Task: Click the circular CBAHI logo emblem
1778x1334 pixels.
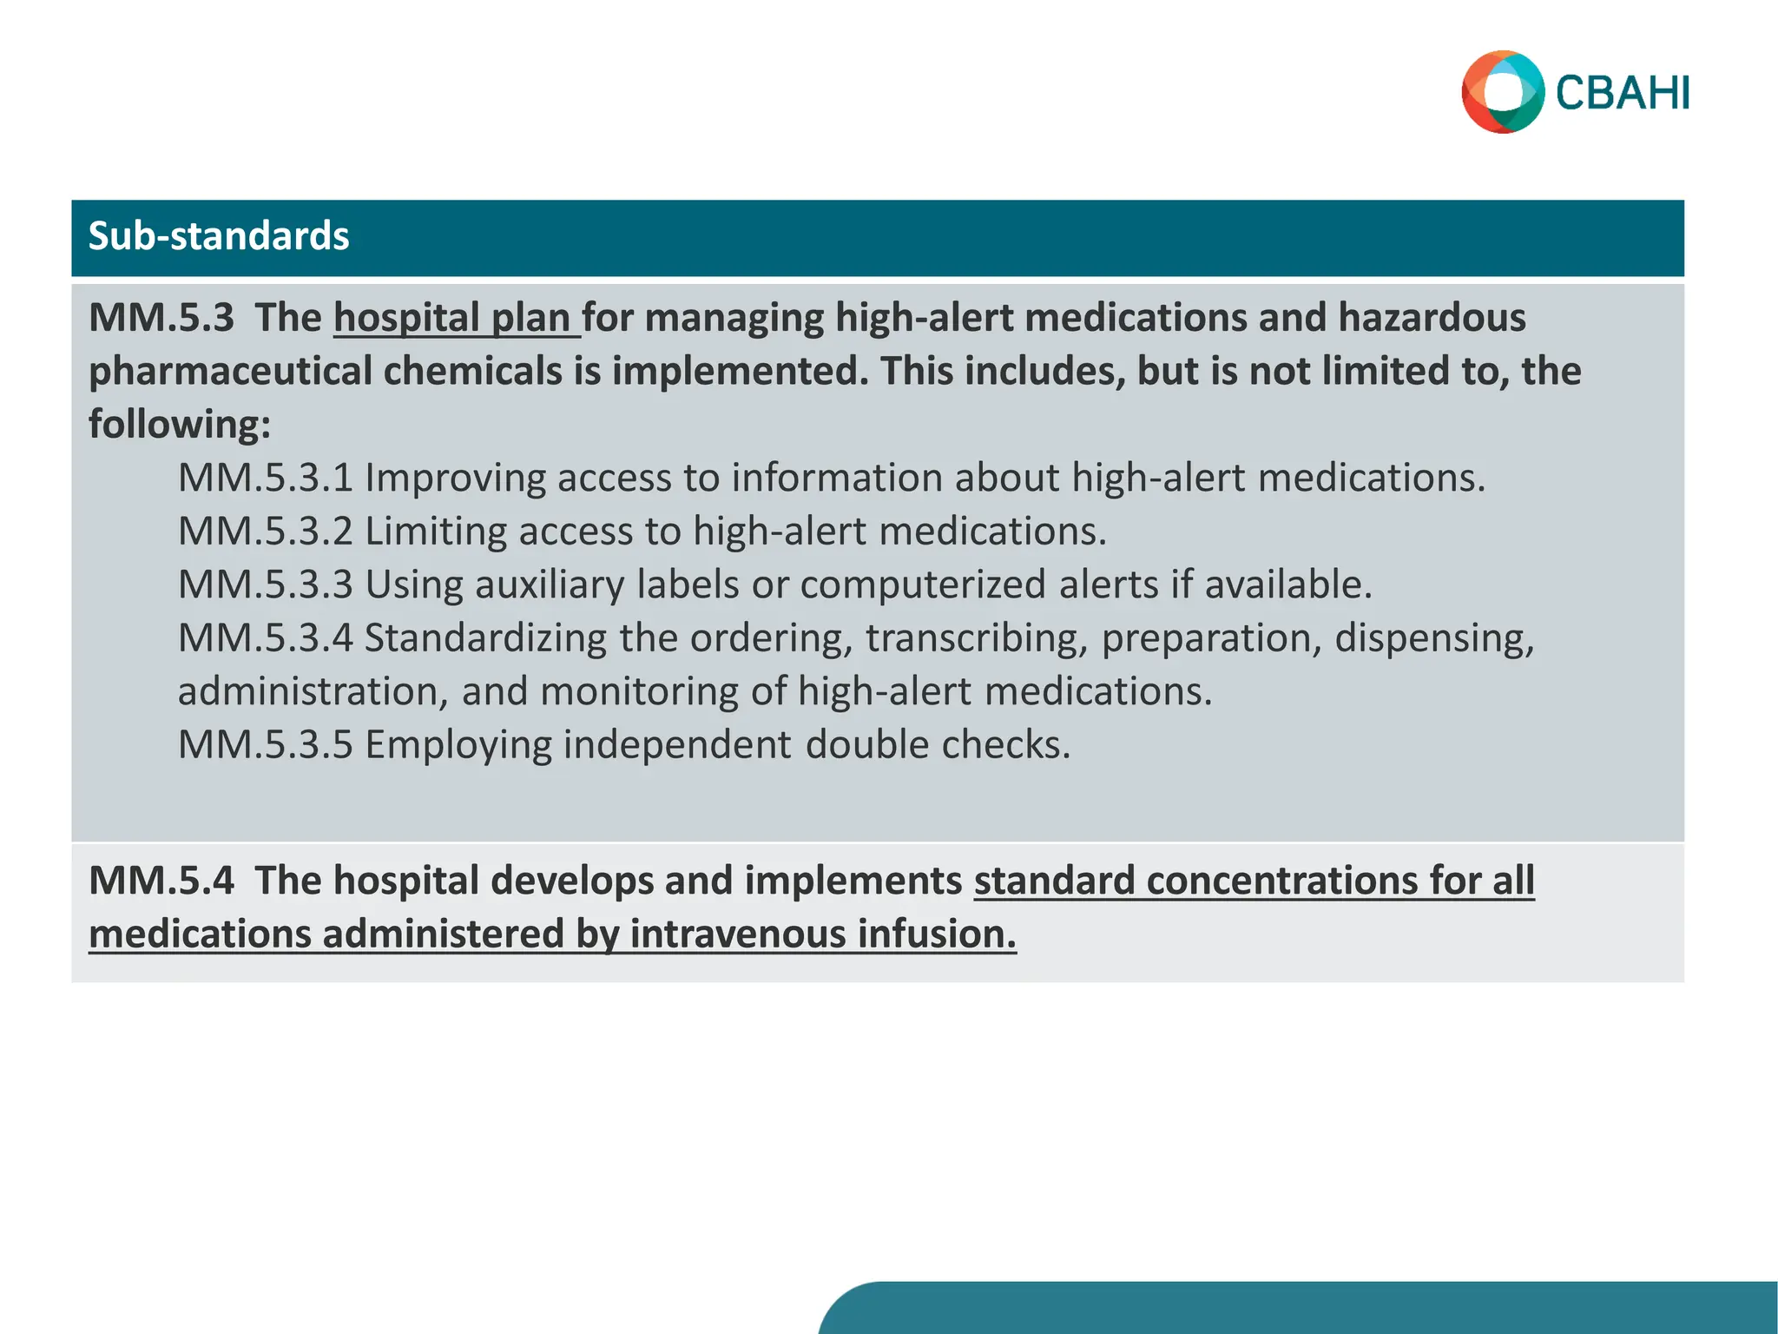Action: point(1503,92)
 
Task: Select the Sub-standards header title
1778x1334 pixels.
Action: point(219,236)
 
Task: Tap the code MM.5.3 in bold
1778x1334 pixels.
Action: point(161,318)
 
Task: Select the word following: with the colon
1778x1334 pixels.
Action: point(180,425)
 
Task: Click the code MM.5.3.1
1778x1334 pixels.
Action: point(266,479)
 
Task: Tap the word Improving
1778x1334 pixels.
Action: point(454,479)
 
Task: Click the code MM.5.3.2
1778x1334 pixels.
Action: point(266,532)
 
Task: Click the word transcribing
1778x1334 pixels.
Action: point(977,638)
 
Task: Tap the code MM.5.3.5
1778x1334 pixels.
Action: point(266,745)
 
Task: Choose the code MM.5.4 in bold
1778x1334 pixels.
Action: point(161,881)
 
